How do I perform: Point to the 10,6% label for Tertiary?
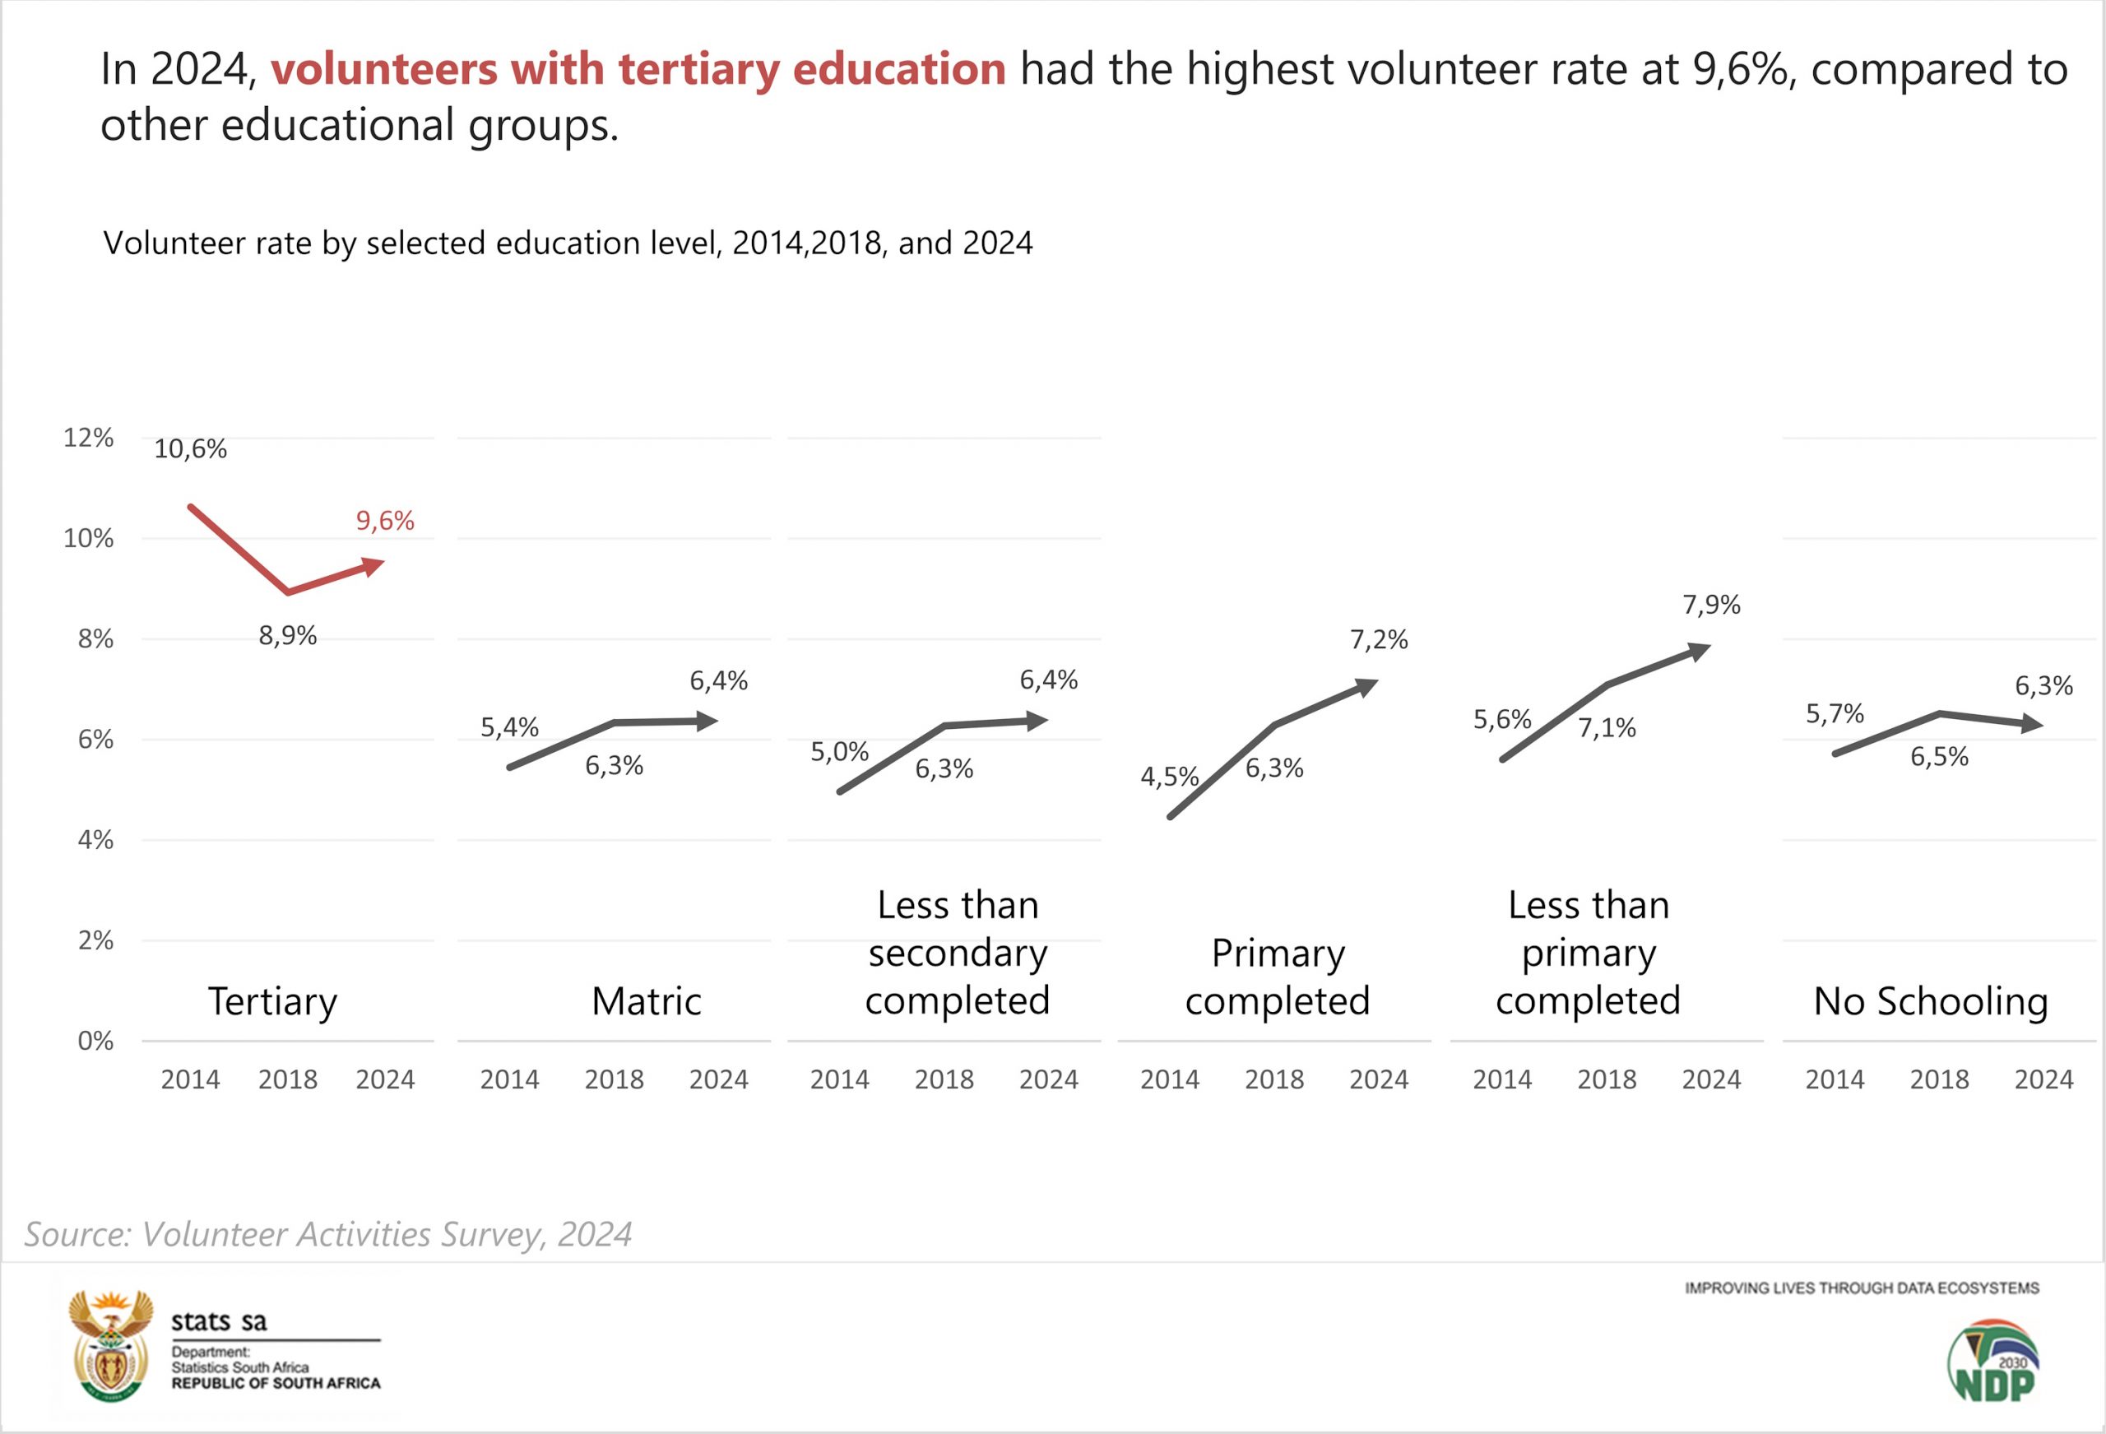[x=190, y=448]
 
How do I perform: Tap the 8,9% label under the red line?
[x=287, y=635]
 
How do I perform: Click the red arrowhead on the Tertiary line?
[x=373, y=567]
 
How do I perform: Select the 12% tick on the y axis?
[x=88, y=438]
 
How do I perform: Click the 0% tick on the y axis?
[x=95, y=1041]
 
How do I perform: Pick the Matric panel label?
[x=646, y=1001]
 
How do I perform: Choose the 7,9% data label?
[x=1711, y=605]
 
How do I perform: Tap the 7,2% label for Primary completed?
[x=1378, y=640]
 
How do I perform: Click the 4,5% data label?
[x=1169, y=777]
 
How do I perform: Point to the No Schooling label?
[x=1930, y=1001]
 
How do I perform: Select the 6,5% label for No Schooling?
[x=1939, y=757]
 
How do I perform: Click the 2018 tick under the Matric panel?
[x=614, y=1079]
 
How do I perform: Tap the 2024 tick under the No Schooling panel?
[x=2043, y=1079]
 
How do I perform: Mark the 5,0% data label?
[x=839, y=751]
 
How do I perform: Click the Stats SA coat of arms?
[x=111, y=1346]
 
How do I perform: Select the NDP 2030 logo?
[x=1993, y=1361]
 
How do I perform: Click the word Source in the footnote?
[x=78, y=1235]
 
